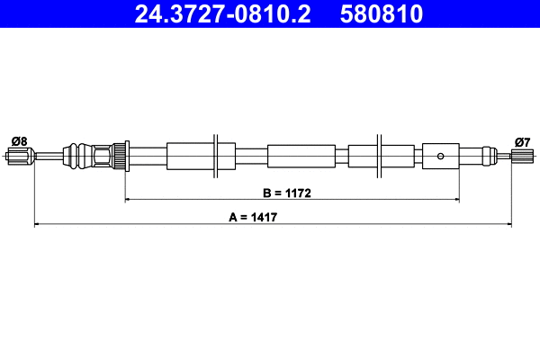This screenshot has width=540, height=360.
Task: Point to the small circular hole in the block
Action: coord(440,156)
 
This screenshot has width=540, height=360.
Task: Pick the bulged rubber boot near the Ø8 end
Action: coord(84,156)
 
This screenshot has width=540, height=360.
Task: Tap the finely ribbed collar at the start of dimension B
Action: coord(117,156)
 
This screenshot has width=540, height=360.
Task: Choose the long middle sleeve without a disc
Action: coord(301,156)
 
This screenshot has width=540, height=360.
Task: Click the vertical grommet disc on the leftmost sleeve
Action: coord(215,156)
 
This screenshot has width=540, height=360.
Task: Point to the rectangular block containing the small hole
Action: coord(440,156)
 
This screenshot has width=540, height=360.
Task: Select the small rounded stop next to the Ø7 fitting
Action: coord(490,156)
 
